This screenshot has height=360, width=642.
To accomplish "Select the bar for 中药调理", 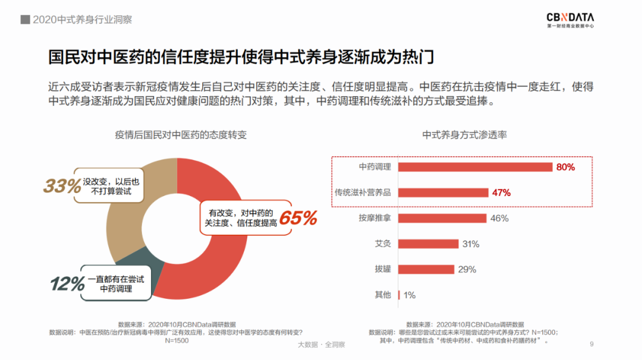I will pos(475,167).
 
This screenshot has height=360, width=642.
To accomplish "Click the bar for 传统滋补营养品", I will pos(443,192).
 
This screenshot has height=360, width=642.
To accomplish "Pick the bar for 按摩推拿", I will pos(442,218).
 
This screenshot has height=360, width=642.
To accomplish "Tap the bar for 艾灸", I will pos(428,244).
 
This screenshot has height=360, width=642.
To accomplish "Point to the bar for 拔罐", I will pos(426,269).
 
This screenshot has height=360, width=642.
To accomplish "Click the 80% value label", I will pos(565,167).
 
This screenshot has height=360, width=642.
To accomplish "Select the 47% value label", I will pos(501,192).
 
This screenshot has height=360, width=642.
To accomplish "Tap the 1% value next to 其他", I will pos(410,295).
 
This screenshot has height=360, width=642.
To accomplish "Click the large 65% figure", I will pos(298,218).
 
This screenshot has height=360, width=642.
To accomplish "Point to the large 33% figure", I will pos(62,186).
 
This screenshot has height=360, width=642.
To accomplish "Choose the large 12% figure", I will pos(67,284).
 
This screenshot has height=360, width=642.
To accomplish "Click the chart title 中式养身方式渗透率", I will pos(464,135).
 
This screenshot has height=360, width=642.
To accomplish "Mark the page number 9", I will pos(591,344).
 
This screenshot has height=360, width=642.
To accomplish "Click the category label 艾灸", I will pos(383,244).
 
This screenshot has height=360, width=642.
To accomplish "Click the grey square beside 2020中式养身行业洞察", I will pos(25,20).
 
